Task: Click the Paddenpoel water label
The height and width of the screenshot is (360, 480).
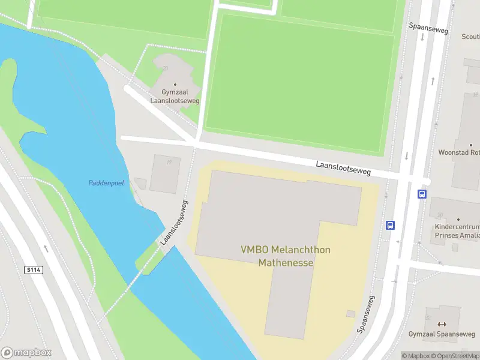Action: (x=106, y=183)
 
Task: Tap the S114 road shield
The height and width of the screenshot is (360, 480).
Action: (x=34, y=270)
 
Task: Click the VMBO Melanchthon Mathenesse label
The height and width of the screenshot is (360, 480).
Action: (x=286, y=256)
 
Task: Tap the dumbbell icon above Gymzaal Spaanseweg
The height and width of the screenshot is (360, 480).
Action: (x=442, y=324)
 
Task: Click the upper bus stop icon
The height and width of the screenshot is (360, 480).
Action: (x=422, y=194)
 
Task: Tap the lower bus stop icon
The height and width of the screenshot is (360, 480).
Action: (x=391, y=226)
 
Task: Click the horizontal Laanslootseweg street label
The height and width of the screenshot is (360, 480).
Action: (x=343, y=168)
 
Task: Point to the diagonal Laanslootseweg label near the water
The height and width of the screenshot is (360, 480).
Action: (x=175, y=223)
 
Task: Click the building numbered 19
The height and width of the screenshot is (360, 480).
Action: (x=164, y=174)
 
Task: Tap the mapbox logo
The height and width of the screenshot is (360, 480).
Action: (x=26, y=353)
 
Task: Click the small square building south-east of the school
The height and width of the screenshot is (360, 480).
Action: (x=350, y=313)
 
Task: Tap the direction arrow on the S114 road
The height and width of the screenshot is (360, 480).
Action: (x=46, y=248)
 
